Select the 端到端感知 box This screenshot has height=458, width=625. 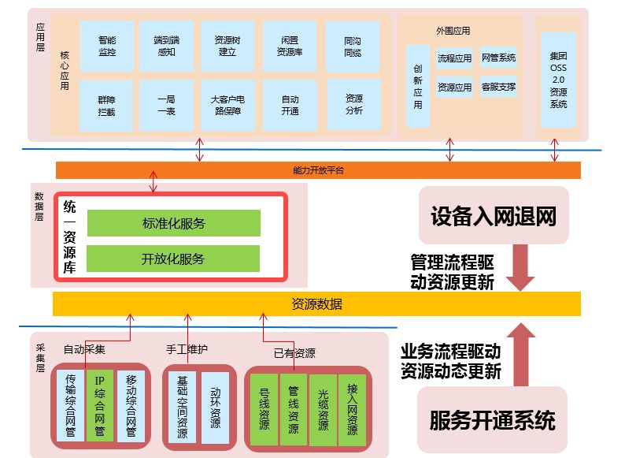point(166,47)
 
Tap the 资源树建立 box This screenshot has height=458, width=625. point(227,47)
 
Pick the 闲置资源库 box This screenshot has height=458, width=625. point(289,47)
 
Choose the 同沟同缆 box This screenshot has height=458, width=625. point(353,47)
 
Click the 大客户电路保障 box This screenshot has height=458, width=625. point(227,106)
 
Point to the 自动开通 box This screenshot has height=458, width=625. point(289,106)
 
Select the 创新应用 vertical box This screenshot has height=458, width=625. point(418,87)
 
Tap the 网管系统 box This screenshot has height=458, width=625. point(498,58)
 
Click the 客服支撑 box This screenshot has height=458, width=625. point(498,87)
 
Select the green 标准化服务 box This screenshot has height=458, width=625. point(173,223)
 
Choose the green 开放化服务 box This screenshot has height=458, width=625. point(173,259)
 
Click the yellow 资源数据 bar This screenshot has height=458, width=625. point(316,303)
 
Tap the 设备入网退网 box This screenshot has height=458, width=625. point(493,217)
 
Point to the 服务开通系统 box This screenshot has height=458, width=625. point(493,419)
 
